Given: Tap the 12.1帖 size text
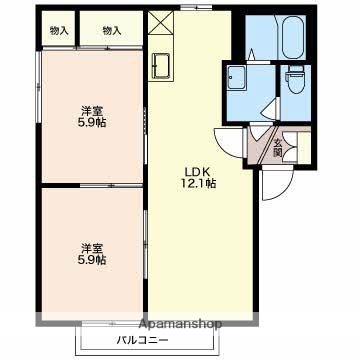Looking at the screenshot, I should pyautogui.click(x=196, y=183).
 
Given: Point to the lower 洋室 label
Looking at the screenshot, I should pyautogui.click(x=92, y=247).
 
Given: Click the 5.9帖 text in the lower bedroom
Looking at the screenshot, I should pyautogui.click(x=93, y=260).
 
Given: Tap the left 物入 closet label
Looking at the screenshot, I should pyautogui.click(x=58, y=31).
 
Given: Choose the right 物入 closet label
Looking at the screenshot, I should pyautogui.click(x=111, y=31).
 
